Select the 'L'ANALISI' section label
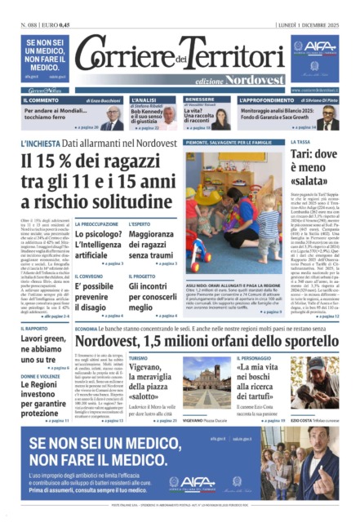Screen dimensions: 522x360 (122, 99)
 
